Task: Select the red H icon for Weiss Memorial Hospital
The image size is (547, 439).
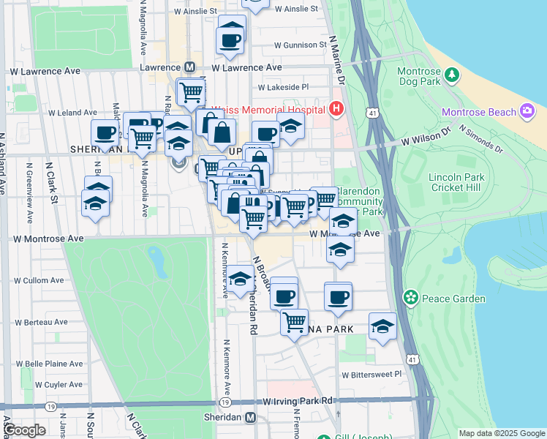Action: pos(336,109)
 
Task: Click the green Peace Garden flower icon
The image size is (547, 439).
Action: pos(411,298)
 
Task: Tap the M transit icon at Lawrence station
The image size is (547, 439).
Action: pos(189,67)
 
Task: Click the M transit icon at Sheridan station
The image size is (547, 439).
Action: pos(251,417)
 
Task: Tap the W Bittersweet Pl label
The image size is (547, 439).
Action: pos(372,374)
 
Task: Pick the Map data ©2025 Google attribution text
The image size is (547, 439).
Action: pos(501,433)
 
